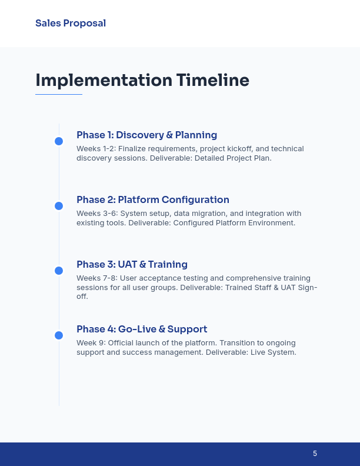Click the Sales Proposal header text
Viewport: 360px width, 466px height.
click(x=71, y=24)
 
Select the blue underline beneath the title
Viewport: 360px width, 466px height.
click(x=59, y=94)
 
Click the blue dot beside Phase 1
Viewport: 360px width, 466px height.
click(x=59, y=141)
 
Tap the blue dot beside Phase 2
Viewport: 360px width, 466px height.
click(x=59, y=206)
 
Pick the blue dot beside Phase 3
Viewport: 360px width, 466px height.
click(x=59, y=271)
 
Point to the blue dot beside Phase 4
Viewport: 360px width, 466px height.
click(x=59, y=335)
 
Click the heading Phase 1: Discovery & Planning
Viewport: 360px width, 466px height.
click(x=146, y=135)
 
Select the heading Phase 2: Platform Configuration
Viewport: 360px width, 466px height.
click(x=153, y=199)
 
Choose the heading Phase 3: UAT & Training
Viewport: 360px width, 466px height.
click(x=132, y=264)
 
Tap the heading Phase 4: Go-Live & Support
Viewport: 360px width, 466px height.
click(x=142, y=329)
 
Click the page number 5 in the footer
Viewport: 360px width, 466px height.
click(x=315, y=454)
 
